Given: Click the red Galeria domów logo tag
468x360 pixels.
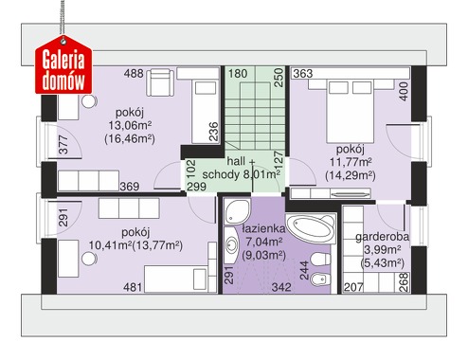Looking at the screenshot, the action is click(63, 65).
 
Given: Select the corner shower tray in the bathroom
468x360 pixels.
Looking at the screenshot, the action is click(238, 211).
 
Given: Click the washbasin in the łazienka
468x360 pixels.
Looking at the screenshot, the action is click(231, 244).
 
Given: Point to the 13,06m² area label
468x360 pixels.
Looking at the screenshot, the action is click(130, 126).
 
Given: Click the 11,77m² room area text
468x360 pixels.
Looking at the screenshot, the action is click(351, 162).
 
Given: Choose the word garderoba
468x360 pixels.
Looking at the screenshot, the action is click(382, 237).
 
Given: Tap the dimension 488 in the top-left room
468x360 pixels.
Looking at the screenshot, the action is click(134, 74).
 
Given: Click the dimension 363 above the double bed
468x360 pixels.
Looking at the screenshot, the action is click(303, 74).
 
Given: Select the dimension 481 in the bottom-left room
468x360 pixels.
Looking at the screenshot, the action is click(133, 287).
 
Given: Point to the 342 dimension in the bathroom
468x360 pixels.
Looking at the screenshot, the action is click(281, 287).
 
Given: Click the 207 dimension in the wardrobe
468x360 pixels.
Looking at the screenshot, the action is click(353, 287).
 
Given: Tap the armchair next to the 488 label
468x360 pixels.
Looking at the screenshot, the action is click(161, 82).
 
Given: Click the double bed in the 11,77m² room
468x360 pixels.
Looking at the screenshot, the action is click(351, 111).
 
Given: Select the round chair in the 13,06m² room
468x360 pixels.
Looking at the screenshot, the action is click(88, 101).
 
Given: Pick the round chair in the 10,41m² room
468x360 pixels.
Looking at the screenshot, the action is click(88, 259).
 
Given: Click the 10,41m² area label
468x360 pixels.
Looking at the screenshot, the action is click(110, 245).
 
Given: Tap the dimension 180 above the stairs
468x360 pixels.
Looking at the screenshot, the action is click(238, 74).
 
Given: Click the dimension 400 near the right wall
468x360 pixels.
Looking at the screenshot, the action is click(404, 92).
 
